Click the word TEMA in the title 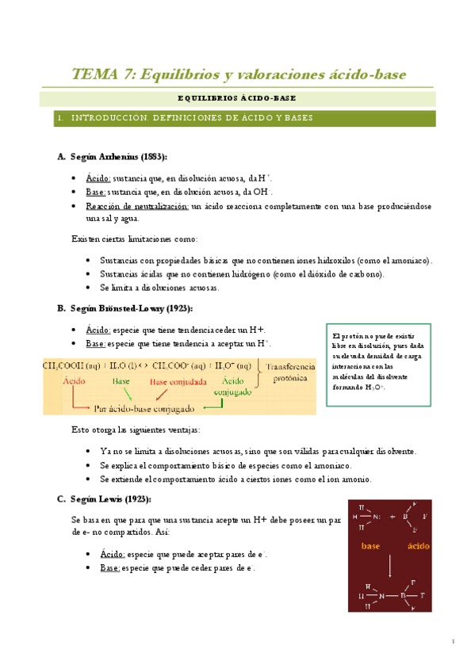94,74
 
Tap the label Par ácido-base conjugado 145,409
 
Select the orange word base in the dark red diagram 370,546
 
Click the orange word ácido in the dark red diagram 418,546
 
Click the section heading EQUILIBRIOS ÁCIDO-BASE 238,99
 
